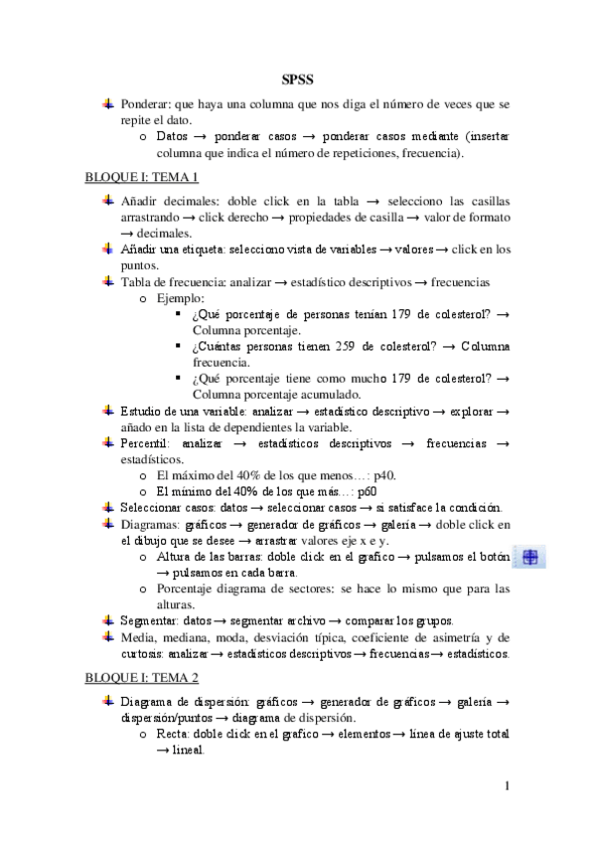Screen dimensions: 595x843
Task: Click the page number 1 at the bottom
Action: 507,788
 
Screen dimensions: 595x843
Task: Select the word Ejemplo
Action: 181,297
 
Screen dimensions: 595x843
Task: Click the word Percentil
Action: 146,442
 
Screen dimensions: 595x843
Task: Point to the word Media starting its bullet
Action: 138,637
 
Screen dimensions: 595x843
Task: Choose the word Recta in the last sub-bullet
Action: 175,735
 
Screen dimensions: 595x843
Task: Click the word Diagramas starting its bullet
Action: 152,524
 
